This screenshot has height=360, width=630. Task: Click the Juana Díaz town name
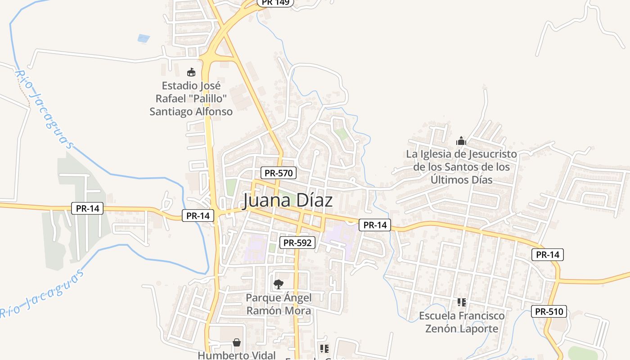[288, 201]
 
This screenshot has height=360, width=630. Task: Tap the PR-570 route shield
[279, 173]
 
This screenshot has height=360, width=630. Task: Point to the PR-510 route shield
[549, 311]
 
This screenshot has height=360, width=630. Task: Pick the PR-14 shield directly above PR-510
[548, 255]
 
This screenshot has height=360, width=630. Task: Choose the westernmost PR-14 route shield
[87, 208]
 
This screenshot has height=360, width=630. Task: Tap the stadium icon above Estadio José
[191, 72]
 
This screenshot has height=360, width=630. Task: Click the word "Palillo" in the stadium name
[209, 99]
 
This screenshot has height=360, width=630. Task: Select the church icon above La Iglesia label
[461, 141]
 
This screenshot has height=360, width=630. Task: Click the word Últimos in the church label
[452, 180]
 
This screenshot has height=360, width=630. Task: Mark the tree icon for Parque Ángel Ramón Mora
[279, 284]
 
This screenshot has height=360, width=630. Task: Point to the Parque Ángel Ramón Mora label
[279, 304]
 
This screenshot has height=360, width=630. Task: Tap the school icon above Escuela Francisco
[462, 302]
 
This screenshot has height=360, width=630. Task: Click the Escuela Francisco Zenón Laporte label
[462, 322]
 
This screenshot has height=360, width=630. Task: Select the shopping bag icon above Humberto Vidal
[237, 342]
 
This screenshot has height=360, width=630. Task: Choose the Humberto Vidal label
[237, 355]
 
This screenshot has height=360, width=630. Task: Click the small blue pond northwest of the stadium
[144, 38]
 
